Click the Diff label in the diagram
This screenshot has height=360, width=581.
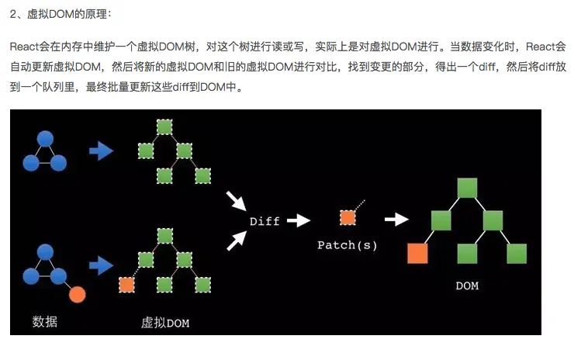(x=265, y=221)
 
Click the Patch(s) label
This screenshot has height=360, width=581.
(x=347, y=245)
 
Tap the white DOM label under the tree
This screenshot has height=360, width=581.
(x=467, y=286)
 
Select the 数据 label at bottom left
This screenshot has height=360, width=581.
(x=44, y=321)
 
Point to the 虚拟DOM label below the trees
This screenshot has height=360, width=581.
(x=164, y=322)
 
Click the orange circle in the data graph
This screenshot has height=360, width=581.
(x=76, y=295)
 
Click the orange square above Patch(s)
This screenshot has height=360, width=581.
(x=348, y=217)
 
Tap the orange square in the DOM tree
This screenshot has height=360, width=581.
(x=418, y=253)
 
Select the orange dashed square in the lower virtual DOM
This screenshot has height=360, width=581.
(x=126, y=285)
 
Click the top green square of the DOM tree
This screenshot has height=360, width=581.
(x=467, y=188)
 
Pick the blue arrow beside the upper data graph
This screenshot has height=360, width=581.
(x=102, y=151)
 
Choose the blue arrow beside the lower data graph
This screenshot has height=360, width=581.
(x=102, y=267)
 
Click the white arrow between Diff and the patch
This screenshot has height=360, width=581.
(x=299, y=221)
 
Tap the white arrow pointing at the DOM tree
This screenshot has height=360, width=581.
(x=396, y=220)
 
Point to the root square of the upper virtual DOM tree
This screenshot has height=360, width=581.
(x=164, y=126)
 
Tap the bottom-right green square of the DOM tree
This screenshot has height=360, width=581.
(x=517, y=253)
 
